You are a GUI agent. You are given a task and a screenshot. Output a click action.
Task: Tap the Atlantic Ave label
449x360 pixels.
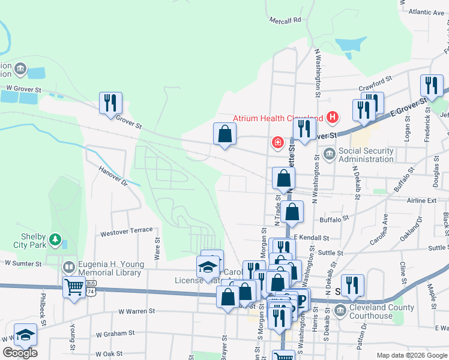[425, 12]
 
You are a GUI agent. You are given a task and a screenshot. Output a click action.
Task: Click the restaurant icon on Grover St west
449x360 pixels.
[110, 103]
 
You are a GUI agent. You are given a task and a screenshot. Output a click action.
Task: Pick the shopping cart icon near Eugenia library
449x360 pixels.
[74, 287]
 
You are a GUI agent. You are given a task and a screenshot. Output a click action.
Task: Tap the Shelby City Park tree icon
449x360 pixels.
[55, 240]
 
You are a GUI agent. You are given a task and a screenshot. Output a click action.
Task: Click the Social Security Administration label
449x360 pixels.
[366, 154]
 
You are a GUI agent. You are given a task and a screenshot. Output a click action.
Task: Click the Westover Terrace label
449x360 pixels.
[127, 231]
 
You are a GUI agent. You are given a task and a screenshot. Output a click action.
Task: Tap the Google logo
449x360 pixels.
[20, 352]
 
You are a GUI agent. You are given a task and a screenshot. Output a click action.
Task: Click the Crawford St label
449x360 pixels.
[375, 87]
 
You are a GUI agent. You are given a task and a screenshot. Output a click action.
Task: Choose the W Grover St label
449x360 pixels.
[22, 89]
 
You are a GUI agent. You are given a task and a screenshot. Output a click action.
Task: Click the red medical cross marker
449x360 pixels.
[277, 142]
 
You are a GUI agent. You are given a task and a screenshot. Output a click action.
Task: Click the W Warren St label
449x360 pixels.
[137, 311]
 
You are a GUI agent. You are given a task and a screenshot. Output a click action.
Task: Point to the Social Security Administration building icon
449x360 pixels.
[329, 154]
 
